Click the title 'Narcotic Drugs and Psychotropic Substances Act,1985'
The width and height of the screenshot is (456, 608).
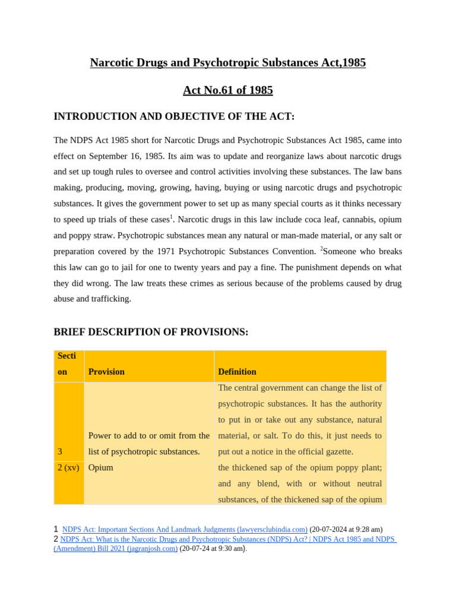pos(227,62)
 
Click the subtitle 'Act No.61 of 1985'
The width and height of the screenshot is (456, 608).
pos(227,90)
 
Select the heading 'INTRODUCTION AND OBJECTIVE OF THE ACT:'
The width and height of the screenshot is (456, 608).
pos(174,116)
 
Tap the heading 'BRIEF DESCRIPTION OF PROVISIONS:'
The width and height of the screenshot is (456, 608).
pos(151,332)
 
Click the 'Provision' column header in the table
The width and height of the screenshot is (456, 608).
pos(106,372)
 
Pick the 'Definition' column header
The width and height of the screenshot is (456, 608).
pos(237,372)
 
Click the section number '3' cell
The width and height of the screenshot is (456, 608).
pos(60,452)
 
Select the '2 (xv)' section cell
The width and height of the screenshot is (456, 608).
pos(68,468)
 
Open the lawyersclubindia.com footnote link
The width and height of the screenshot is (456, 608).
pos(185,529)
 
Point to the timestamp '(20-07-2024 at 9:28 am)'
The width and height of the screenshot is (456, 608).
pos(346,529)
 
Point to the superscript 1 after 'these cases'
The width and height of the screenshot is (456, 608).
pos(171,217)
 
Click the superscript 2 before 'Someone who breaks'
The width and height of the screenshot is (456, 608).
pos(322,248)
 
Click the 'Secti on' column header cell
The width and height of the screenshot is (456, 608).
pos(68,363)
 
